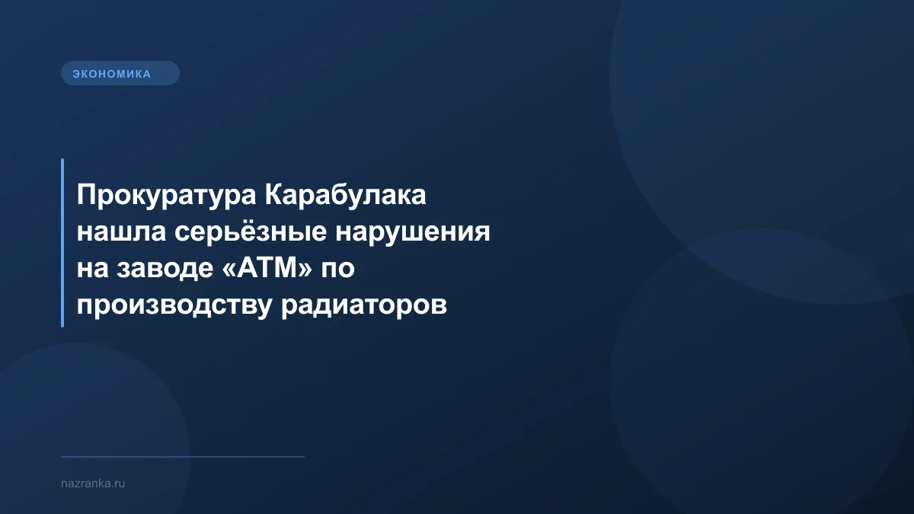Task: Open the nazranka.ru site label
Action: pyautogui.click(x=92, y=483)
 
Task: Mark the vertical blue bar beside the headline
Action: pyautogui.click(x=62, y=243)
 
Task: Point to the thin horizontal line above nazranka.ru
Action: pyautogui.click(x=183, y=457)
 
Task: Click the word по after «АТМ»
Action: pyautogui.click(x=336, y=269)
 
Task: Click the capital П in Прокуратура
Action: pyautogui.click(x=85, y=196)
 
